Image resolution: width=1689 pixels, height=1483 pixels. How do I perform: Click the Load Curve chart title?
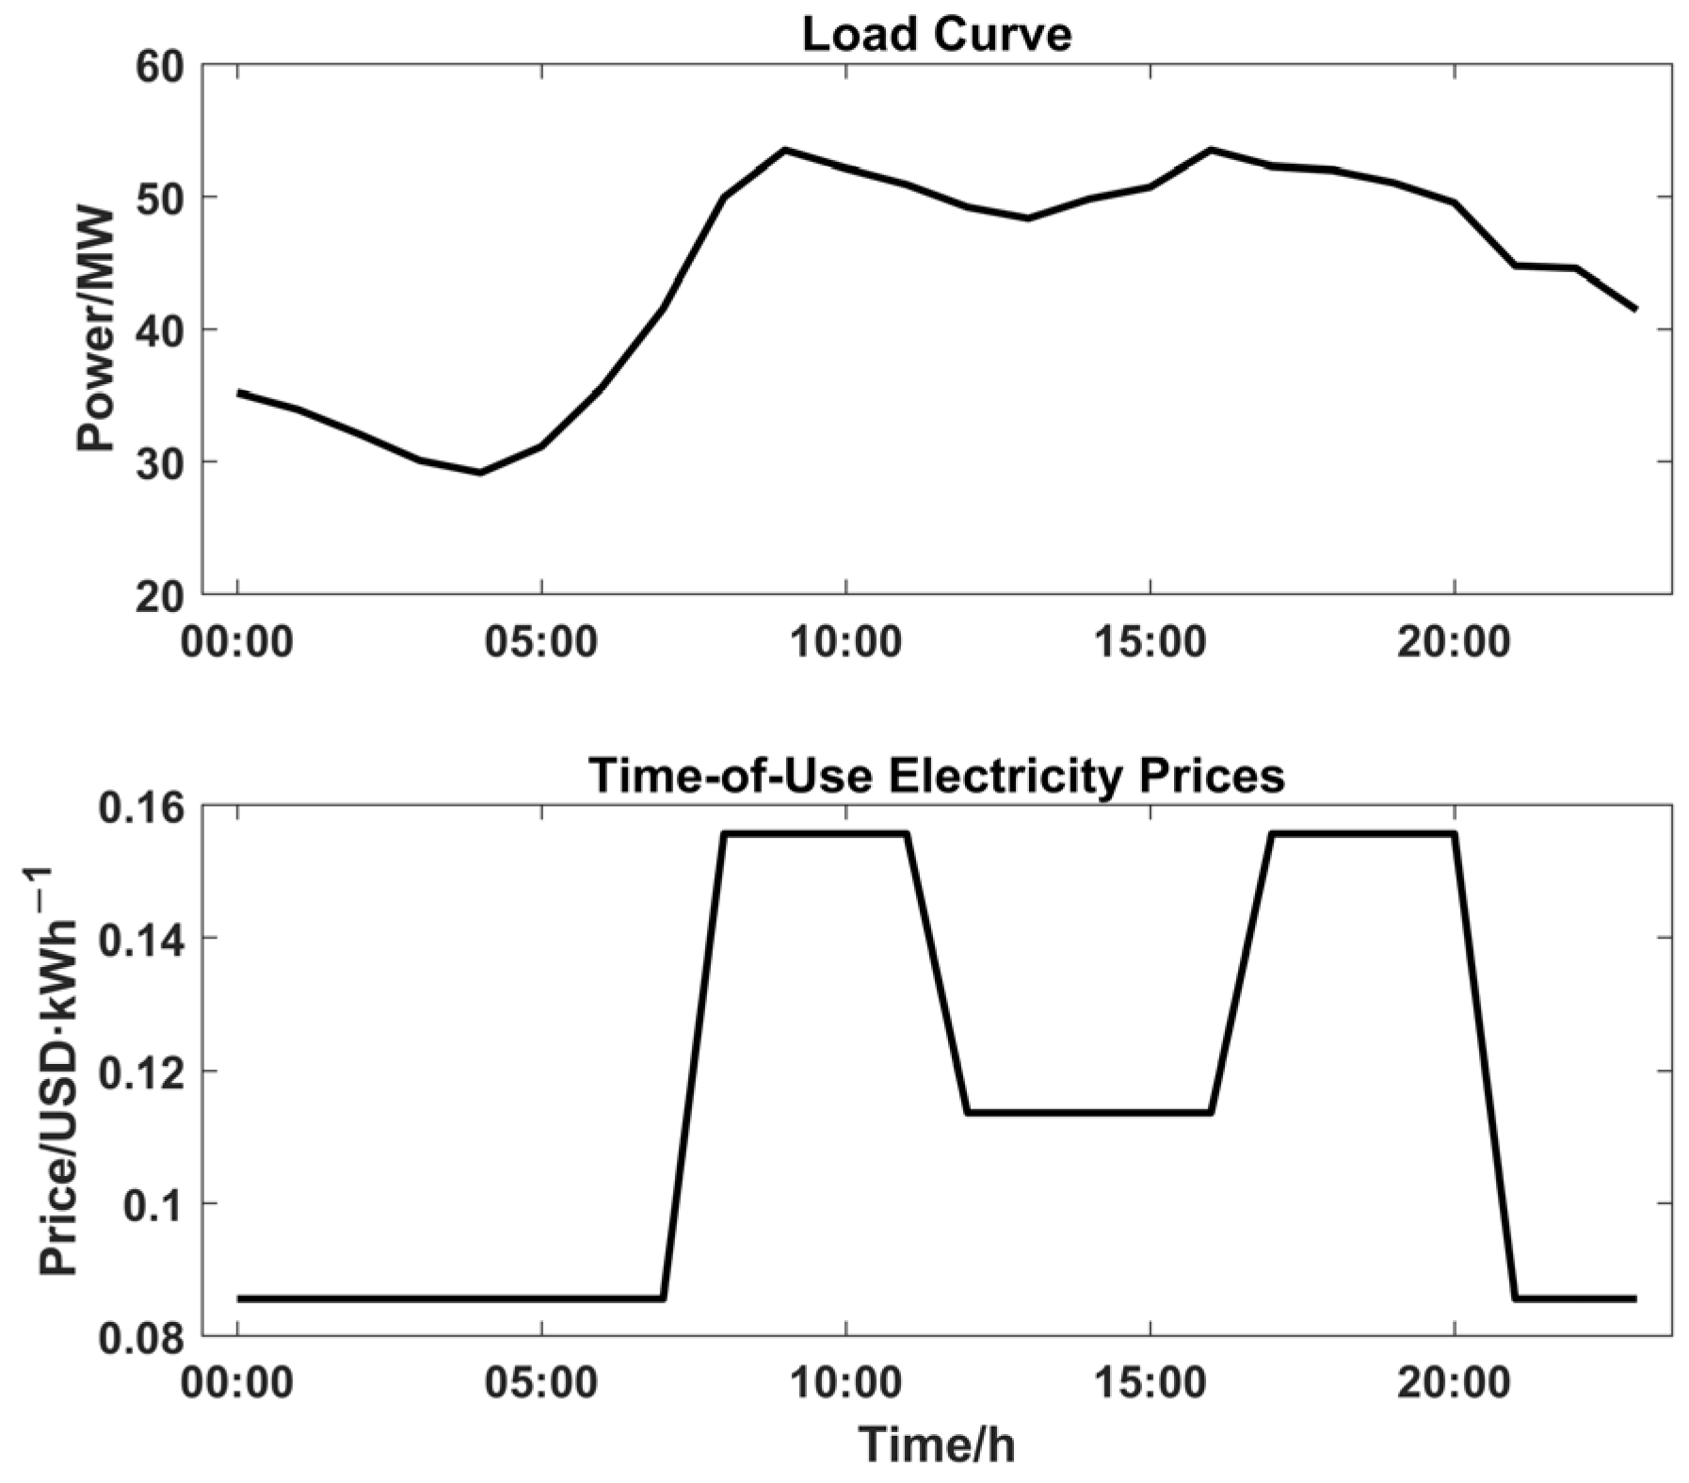(x=936, y=35)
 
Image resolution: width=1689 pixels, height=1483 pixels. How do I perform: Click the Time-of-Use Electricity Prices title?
(x=936, y=777)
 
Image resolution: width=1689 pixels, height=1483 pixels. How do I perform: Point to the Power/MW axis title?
(x=96, y=330)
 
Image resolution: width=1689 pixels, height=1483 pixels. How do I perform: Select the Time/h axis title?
(x=936, y=1444)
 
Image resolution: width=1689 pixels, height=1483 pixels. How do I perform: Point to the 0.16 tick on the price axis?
(x=150, y=808)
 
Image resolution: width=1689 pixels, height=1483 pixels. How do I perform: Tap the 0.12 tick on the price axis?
(x=150, y=1072)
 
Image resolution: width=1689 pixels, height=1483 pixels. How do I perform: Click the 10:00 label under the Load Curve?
(x=845, y=641)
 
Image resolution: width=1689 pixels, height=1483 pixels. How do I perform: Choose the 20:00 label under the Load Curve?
(x=1454, y=641)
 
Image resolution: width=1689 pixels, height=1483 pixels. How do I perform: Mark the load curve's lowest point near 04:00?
(x=480, y=472)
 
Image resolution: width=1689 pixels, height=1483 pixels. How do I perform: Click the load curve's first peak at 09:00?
(x=785, y=150)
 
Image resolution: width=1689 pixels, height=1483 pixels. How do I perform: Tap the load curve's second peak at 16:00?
(x=1211, y=150)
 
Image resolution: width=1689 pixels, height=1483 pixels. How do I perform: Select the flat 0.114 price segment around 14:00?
(x=1089, y=1112)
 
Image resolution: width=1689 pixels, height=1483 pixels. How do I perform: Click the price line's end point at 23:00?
(x=1634, y=1298)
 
